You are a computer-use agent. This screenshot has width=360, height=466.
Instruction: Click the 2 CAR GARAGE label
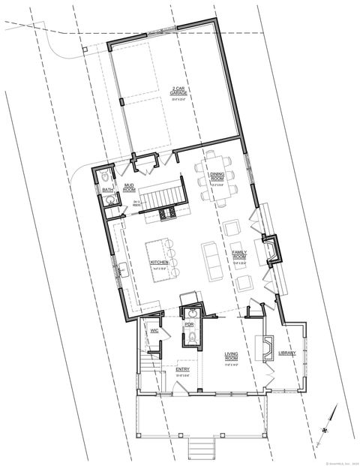coord(178,92)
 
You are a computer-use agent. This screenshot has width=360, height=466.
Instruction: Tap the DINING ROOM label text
coord(217,177)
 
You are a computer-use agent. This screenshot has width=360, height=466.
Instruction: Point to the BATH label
coord(107,191)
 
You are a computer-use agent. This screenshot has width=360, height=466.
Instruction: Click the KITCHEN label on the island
coord(159,262)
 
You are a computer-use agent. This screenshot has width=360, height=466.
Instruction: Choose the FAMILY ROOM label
coord(240,256)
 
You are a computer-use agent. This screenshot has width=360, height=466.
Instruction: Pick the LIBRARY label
coord(287,353)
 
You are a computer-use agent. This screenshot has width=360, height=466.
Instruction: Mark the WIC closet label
coord(153,330)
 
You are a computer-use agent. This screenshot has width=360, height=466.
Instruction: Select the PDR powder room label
coord(190,324)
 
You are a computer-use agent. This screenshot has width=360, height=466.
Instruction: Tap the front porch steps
coord(198,450)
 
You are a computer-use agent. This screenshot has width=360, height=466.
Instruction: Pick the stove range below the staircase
coord(166,215)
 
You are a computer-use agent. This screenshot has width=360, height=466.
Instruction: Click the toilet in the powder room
coord(190,338)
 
